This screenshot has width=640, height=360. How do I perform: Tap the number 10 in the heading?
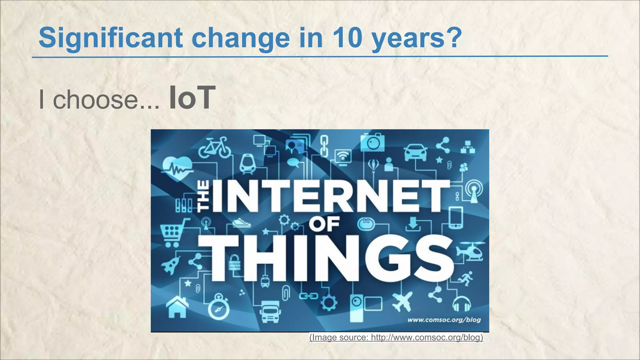346,38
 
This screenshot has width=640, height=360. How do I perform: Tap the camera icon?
372,142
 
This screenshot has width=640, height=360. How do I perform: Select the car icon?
415,152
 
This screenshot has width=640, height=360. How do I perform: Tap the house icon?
177,307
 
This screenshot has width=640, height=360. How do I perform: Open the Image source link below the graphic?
396,337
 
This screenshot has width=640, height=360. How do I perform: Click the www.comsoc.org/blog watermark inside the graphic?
444,320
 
